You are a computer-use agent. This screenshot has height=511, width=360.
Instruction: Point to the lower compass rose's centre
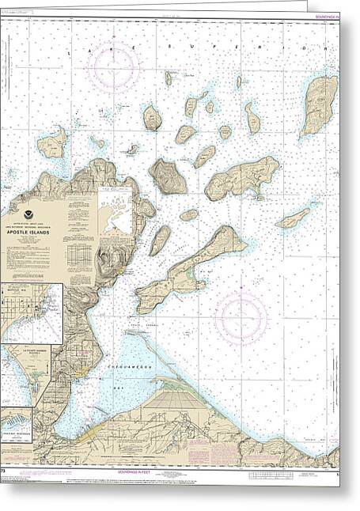tap(241, 317)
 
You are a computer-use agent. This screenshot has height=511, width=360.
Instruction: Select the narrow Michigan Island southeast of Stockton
tap(293, 218)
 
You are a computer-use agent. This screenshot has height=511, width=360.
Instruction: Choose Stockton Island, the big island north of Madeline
tap(244, 177)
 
